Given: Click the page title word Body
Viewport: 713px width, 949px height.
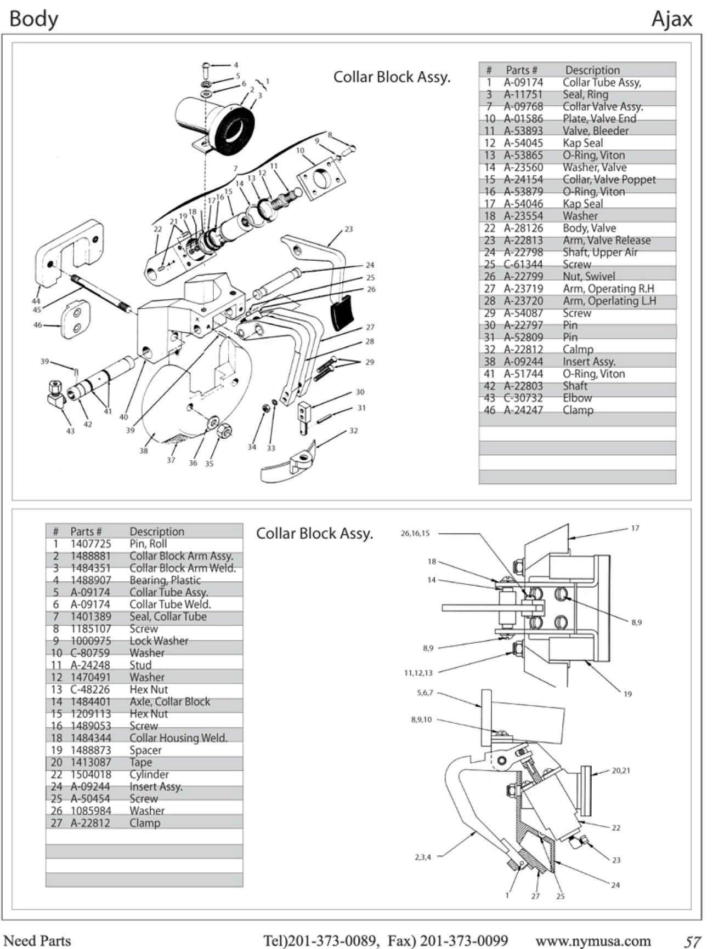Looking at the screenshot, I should tap(33, 19).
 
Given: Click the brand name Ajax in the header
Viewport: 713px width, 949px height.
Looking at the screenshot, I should tap(671, 19).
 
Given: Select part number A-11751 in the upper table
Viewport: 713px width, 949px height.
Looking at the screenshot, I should tap(523, 94).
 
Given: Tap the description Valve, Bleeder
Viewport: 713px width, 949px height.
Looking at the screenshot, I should tap(595, 130).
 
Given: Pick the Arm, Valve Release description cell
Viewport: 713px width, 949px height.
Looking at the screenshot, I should tap(606, 240).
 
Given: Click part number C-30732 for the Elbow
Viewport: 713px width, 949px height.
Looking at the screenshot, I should tap(523, 398).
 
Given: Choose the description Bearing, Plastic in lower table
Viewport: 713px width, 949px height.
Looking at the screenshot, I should tap(165, 580).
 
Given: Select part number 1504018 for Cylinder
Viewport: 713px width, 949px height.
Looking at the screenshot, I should tap(90, 774).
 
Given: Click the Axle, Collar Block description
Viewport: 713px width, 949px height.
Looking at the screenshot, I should tap(169, 701).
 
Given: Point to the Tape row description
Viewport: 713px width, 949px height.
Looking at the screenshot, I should tap(140, 762).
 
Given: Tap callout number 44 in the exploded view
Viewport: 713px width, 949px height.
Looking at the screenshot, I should tap(36, 301).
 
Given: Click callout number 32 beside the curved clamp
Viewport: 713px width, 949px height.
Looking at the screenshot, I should tap(353, 431).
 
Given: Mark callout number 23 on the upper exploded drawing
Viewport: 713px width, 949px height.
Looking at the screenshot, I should tap(349, 229).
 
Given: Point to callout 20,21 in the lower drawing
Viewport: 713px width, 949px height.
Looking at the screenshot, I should tap(621, 770).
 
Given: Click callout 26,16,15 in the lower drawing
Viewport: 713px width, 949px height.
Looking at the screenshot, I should tap(415, 533).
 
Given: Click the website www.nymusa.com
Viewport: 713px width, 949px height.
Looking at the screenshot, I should tap(593, 940).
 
